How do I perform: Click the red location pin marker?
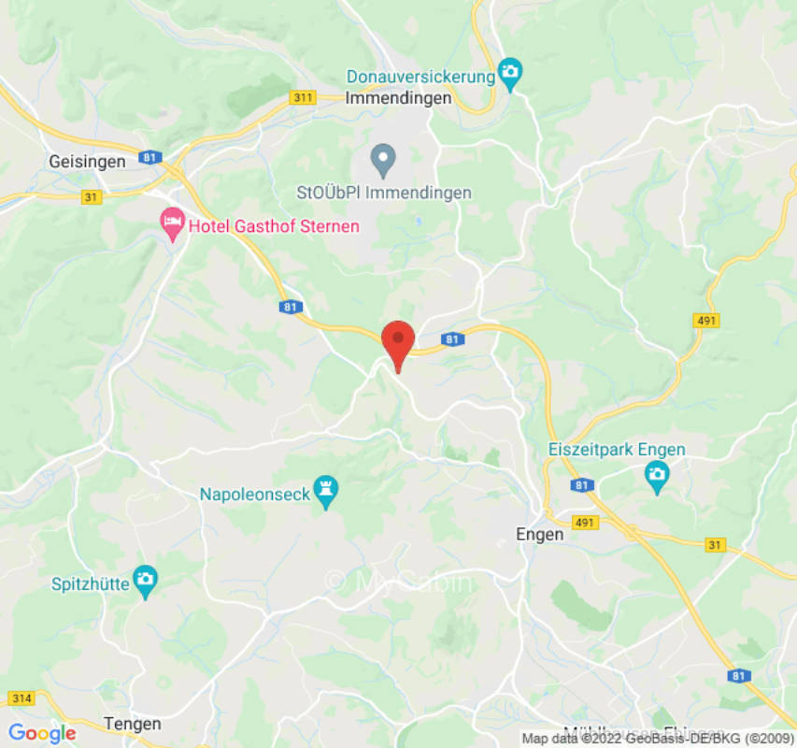[x=399, y=342]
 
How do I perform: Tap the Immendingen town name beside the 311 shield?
[x=398, y=97]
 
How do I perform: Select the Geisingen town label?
[x=87, y=162]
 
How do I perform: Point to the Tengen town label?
[x=133, y=724]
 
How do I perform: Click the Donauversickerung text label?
[x=420, y=77]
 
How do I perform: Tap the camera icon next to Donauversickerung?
[x=509, y=72]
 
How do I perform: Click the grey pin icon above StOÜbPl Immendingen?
[x=382, y=160]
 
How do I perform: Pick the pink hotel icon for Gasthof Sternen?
[x=172, y=223]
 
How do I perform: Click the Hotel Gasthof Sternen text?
[x=274, y=225]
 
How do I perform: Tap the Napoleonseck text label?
[x=254, y=494]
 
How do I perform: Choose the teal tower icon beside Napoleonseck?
[x=326, y=490]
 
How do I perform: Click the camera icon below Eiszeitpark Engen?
[x=657, y=476]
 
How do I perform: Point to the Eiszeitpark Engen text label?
[x=616, y=450]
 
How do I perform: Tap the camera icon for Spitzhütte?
[x=144, y=579]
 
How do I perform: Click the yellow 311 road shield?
[x=303, y=97]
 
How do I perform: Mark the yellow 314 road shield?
[x=20, y=698]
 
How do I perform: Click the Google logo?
[x=42, y=733]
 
